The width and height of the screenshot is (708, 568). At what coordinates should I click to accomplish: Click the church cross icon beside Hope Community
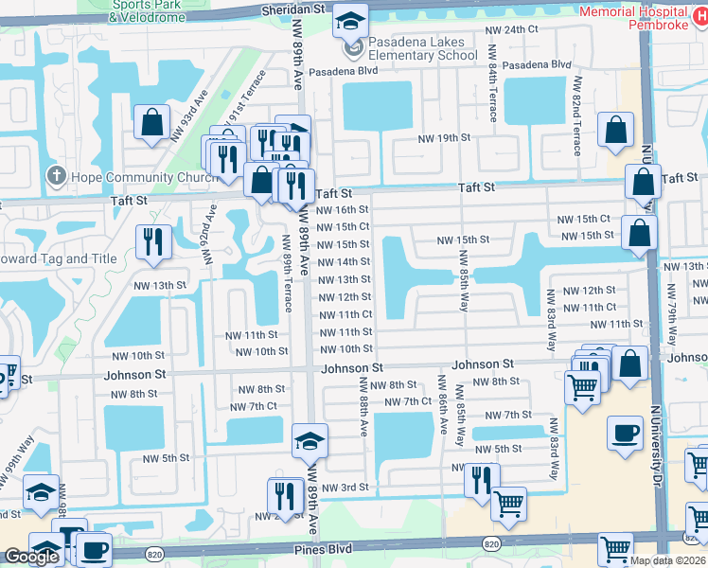point(56,177)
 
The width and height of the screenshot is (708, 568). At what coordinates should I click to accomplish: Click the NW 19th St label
point(445,138)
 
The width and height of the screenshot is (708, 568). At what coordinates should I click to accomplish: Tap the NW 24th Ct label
point(511,30)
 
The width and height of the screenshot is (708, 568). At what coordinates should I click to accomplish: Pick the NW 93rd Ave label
point(189,115)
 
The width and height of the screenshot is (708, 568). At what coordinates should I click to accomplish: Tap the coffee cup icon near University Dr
point(625,435)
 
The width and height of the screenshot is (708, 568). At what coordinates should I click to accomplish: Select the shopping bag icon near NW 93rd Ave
point(151,121)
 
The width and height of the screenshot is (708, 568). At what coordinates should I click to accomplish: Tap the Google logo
point(30,557)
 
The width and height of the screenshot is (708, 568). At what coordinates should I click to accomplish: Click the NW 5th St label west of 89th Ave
point(167,458)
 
